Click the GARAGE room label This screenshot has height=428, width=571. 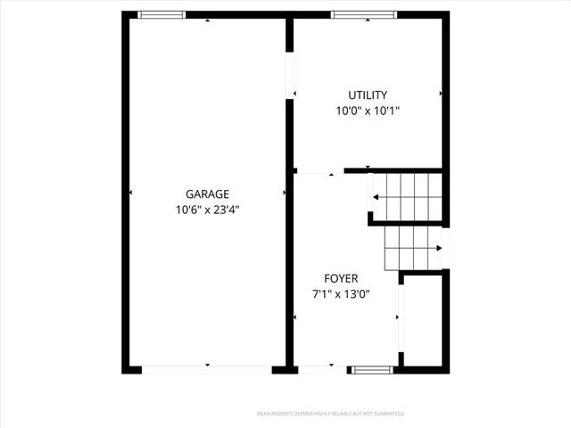coord(208,194)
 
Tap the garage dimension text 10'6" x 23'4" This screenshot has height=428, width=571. coord(208,210)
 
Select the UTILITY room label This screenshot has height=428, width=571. coord(367,95)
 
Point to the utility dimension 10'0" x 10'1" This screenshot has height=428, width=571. coord(367,111)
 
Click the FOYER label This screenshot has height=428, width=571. coord(341,278)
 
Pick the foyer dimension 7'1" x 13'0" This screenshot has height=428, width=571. coord(341,294)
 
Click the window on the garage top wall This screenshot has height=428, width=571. coord(161,14)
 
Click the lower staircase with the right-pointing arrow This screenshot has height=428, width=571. coord(413,249)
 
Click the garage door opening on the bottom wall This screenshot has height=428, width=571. coord(207,368)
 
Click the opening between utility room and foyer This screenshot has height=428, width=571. coord(319,172)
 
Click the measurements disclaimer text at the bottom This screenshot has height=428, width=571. coord(331,414)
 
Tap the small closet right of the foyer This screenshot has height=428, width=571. coord(423,321)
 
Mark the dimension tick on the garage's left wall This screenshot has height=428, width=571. coord(130,193)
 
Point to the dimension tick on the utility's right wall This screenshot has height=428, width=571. coord(441,93)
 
